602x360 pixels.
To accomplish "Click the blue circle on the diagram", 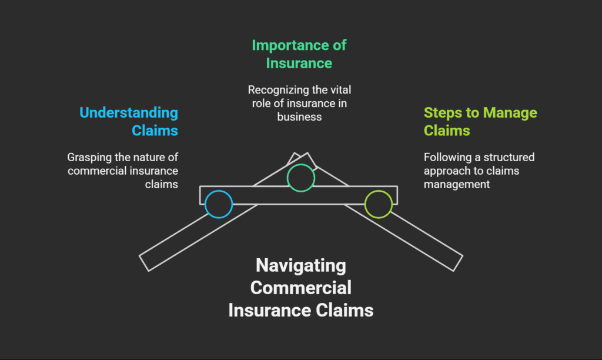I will coord(219,204).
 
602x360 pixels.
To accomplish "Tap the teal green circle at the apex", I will coord(300,178).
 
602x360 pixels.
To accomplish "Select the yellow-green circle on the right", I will coord(378,204).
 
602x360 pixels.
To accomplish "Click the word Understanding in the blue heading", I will coord(129,112).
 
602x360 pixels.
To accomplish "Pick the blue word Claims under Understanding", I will coord(155,130).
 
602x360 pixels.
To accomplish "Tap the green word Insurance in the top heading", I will coord(299,62).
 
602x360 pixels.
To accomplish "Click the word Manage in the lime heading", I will coord(510,112).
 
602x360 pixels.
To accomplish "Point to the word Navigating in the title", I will coord(300,265).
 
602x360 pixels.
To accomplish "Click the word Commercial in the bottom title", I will coord(300,288).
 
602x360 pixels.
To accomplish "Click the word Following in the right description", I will coord(444,157).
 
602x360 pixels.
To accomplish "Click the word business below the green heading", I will coord(299,116).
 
